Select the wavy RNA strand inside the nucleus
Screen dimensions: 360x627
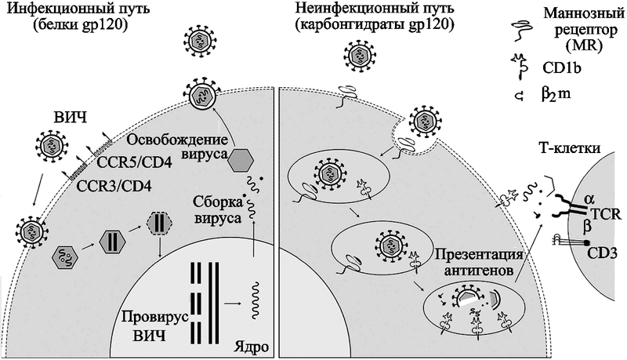(254, 303)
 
